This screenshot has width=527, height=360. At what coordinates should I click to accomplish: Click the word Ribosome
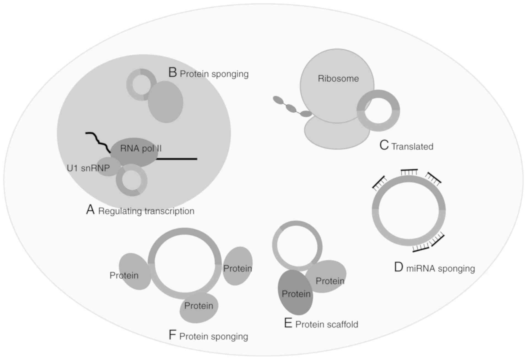338,79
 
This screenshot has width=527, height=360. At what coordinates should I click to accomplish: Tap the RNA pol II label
141,149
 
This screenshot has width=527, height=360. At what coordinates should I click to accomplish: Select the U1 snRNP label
88,168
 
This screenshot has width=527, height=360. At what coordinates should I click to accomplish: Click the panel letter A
90,210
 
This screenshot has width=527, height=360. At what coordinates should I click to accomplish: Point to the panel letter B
173,72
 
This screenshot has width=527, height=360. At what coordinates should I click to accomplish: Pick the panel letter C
384,145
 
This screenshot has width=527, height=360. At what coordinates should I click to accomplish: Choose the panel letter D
399,267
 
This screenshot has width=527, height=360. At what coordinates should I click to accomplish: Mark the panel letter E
288,323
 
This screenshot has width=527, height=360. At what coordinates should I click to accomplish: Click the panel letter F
172,335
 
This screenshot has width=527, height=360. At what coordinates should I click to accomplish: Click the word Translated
412,147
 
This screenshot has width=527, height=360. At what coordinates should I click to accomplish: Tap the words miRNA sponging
440,268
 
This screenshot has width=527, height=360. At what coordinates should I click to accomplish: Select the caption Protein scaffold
327,324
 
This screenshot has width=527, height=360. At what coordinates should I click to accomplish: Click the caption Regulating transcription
146,211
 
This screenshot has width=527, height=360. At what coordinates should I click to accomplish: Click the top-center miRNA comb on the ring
409,172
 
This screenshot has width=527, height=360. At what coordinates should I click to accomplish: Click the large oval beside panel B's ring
166,102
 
